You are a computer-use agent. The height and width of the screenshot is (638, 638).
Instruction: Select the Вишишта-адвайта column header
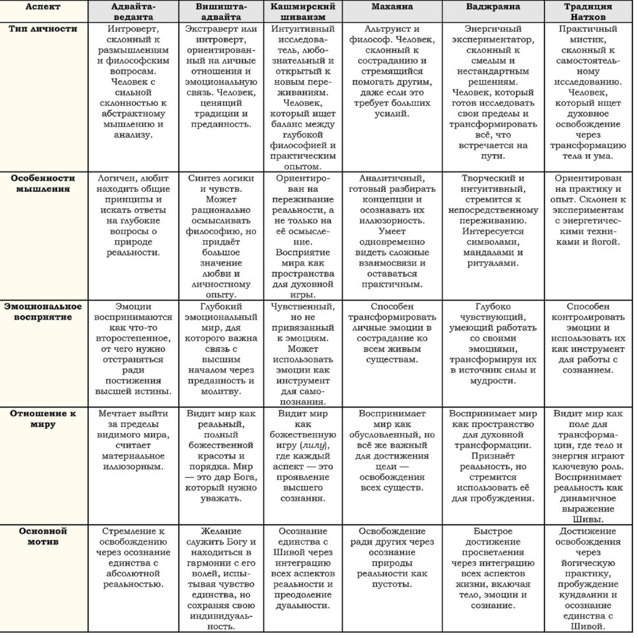point(222,12)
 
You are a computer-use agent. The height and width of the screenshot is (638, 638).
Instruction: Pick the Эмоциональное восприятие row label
point(44,311)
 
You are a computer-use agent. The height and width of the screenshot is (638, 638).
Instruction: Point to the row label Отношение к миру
point(44,418)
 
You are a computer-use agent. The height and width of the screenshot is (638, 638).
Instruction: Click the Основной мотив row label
point(44,536)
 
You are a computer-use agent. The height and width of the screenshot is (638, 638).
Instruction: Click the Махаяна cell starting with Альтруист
point(390,72)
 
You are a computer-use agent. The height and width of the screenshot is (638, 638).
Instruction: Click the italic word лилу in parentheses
point(312,445)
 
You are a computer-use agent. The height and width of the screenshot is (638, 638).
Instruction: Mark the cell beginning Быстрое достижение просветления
point(493,568)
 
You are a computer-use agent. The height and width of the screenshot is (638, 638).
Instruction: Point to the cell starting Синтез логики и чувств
point(222,236)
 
